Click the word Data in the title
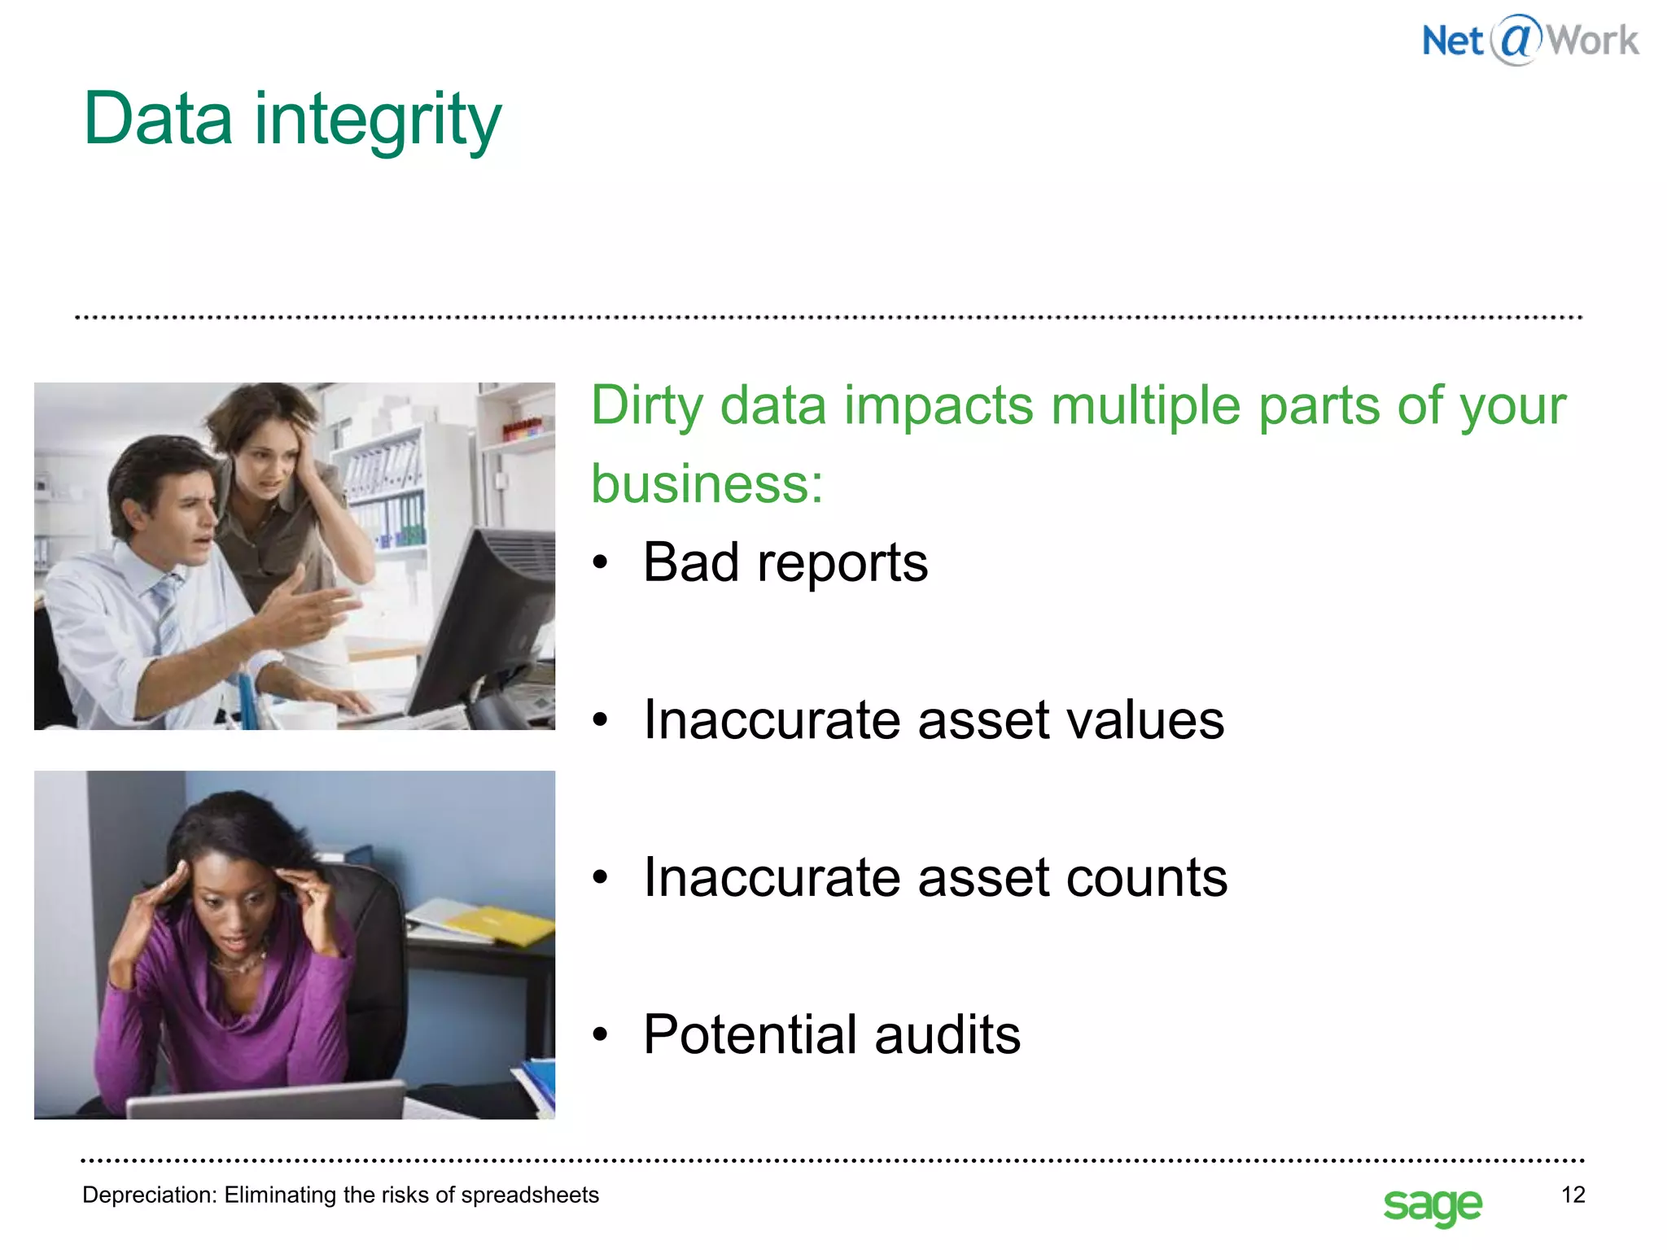[158, 119]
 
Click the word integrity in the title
[378, 122]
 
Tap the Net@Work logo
[1529, 40]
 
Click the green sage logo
[1433, 1204]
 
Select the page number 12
[1573, 1195]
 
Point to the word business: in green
[707, 484]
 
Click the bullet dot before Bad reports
[601, 562]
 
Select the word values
[1144, 720]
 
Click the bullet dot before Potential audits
[601, 1035]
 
